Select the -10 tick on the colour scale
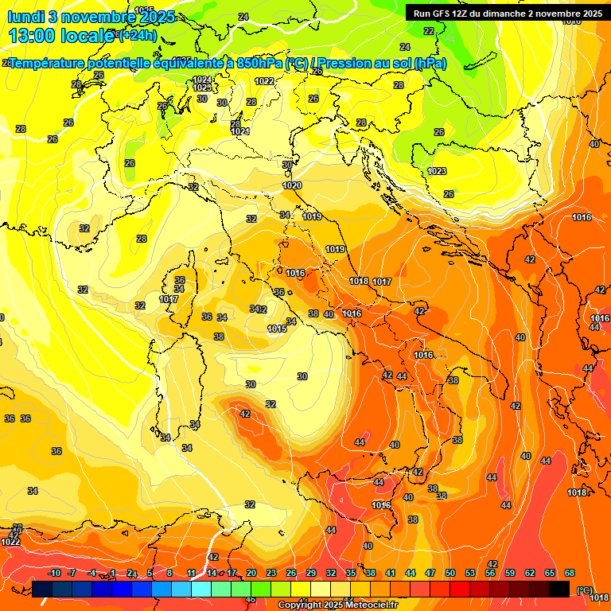tap(55, 573)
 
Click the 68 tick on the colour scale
tap(570, 573)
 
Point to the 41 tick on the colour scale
tap(390, 573)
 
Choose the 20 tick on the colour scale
tap(251, 573)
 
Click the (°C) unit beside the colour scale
tap(584, 590)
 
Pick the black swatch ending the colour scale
tap(559, 589)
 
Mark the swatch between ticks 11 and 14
tap(200, 589)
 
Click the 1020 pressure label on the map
tap(292, 185)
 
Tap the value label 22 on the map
tap(429, 31)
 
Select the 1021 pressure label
tap(240, 131)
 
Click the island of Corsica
tap(179, 286)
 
